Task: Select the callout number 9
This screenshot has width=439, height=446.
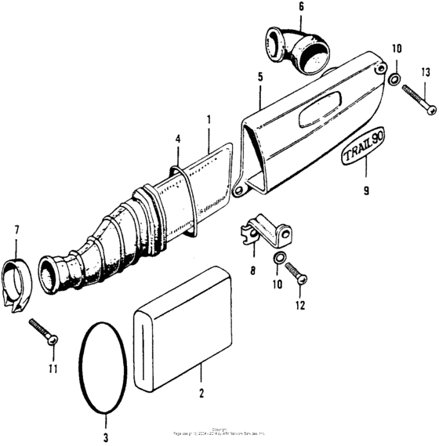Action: [367, 189]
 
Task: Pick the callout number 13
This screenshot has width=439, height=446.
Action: [426, 73]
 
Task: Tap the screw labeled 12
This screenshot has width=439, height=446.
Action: [296, 274]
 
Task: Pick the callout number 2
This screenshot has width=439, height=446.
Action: [201, 393]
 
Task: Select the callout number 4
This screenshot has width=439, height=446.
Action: [178, 139]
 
